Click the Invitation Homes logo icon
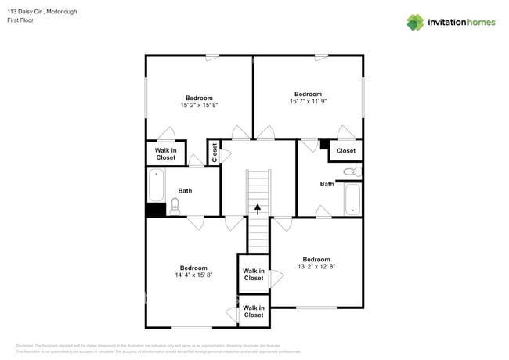(x=415, y=22)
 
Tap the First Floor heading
(x=20, y=20)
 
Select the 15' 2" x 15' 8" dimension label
(x=198, y=105)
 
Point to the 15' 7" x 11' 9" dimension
(x=307, y=101)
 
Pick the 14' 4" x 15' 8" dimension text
(x=193, y=275)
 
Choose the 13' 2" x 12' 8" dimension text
(x=316, y=266)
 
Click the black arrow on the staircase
(x=258, y=208)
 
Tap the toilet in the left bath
(x=175, y=207)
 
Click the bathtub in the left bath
(x=155, y=186)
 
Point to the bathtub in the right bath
(x=352, y=199)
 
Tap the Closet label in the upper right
(x=345, y=150)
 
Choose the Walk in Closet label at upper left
(x=165, y=153)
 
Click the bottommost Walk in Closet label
(x=254, y=311)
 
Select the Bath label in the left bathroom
(x=185, y=190)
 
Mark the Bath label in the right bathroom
(x=327, y=184)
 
